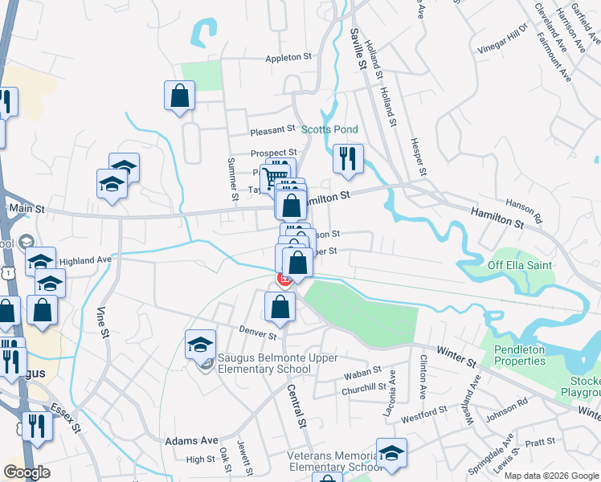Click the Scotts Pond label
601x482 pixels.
tap(329, 129)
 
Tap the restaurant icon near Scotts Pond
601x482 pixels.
tap(348, 158)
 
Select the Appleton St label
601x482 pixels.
tap(289, 58)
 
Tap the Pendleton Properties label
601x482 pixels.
tap(530, 355)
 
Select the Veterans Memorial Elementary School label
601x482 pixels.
tap(334, 461)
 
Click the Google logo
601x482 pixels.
tap(27, 472)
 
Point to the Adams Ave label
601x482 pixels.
tap(191, 441)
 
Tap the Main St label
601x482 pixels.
tap(25, 209)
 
